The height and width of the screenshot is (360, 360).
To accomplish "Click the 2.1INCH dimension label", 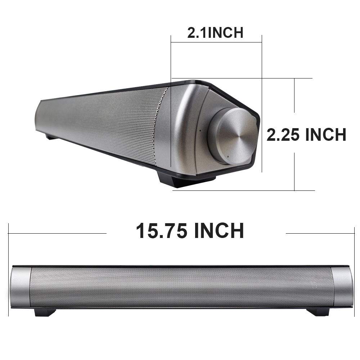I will tap(215, 33).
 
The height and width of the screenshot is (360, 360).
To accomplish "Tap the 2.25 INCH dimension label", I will tap(306, 135).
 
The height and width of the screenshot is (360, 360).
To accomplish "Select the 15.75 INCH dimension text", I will tap(190, 231).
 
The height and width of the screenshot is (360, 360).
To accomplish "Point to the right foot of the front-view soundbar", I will tap(319, 312).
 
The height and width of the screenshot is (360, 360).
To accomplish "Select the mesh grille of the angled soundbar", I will tap(108, 119).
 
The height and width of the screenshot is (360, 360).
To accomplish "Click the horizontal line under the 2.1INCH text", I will tap(216, 42).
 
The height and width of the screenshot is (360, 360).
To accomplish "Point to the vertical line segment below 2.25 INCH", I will tap(294, 171).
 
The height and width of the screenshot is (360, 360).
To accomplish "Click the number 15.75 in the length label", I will tap(162, 231).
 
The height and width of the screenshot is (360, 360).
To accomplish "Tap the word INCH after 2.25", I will tap(326, 135).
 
